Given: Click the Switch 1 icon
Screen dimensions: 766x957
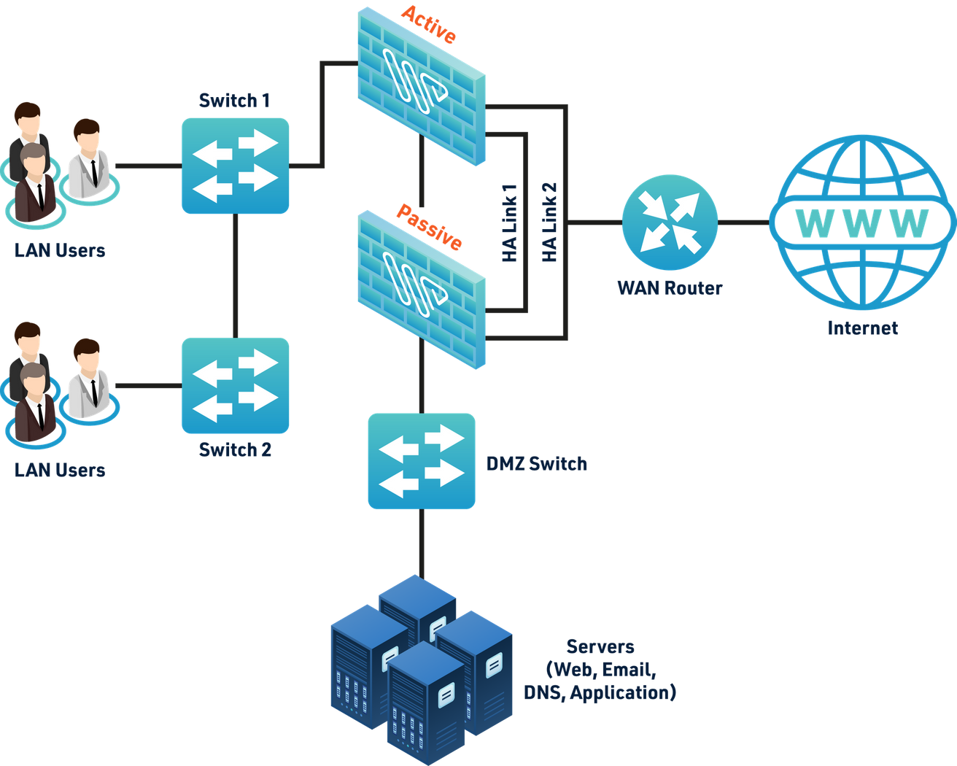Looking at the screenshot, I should pos(236,166).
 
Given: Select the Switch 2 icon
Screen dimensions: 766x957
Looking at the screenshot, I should pos(236,385).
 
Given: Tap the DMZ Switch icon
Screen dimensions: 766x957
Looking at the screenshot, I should pos(422,460).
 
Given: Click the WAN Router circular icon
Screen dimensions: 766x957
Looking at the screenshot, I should pos(670,223).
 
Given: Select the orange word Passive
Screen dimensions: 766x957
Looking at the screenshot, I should pos(429,228).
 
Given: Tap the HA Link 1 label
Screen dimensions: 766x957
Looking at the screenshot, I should pos(509,223).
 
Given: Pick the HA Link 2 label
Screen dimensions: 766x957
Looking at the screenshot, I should pos(550,223).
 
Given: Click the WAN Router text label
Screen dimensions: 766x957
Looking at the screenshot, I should pos(670,287).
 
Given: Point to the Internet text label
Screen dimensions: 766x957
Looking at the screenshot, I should pos(862,328).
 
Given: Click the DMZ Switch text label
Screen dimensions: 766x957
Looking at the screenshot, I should pos(537,464).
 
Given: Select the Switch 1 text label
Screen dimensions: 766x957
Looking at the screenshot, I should pos(235,101).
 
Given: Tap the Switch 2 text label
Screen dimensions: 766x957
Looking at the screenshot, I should pos(235,449).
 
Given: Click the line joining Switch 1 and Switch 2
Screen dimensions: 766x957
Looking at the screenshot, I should pos(235,276).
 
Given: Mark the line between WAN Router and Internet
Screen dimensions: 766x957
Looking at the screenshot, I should pos(743,223).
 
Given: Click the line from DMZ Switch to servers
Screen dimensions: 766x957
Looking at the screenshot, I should pos(422,543).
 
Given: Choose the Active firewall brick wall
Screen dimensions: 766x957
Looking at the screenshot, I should pos(422,84).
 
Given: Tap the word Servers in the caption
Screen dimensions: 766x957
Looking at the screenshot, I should pos(600,647).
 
